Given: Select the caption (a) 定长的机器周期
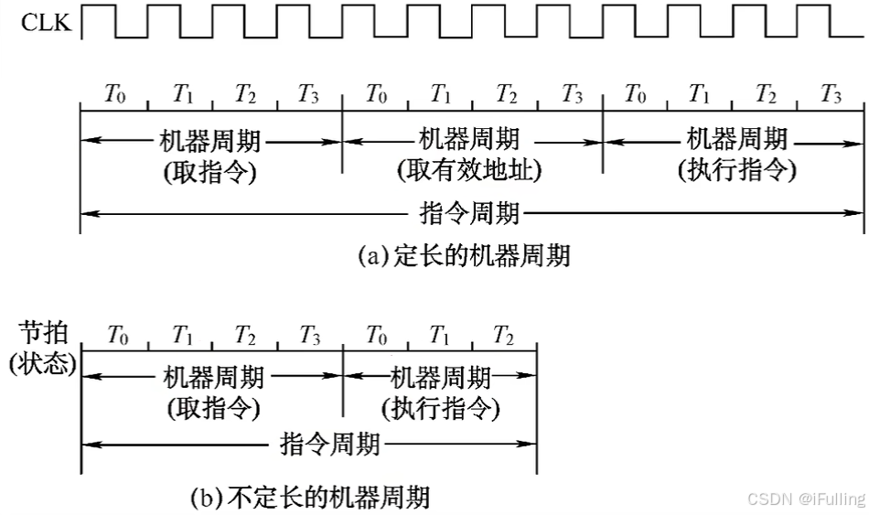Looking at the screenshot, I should (464, 256).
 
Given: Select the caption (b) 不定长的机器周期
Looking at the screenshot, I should (309, 499).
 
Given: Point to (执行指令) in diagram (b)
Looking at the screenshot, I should (440, 408).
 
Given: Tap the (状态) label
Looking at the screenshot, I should (43, 362).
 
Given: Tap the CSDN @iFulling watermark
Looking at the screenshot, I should (805, 499).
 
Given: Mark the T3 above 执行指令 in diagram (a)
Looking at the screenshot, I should (830, 93).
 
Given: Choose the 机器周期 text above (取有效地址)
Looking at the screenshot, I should (469, 139).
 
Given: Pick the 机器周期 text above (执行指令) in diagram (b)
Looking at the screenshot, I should (441, 377).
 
